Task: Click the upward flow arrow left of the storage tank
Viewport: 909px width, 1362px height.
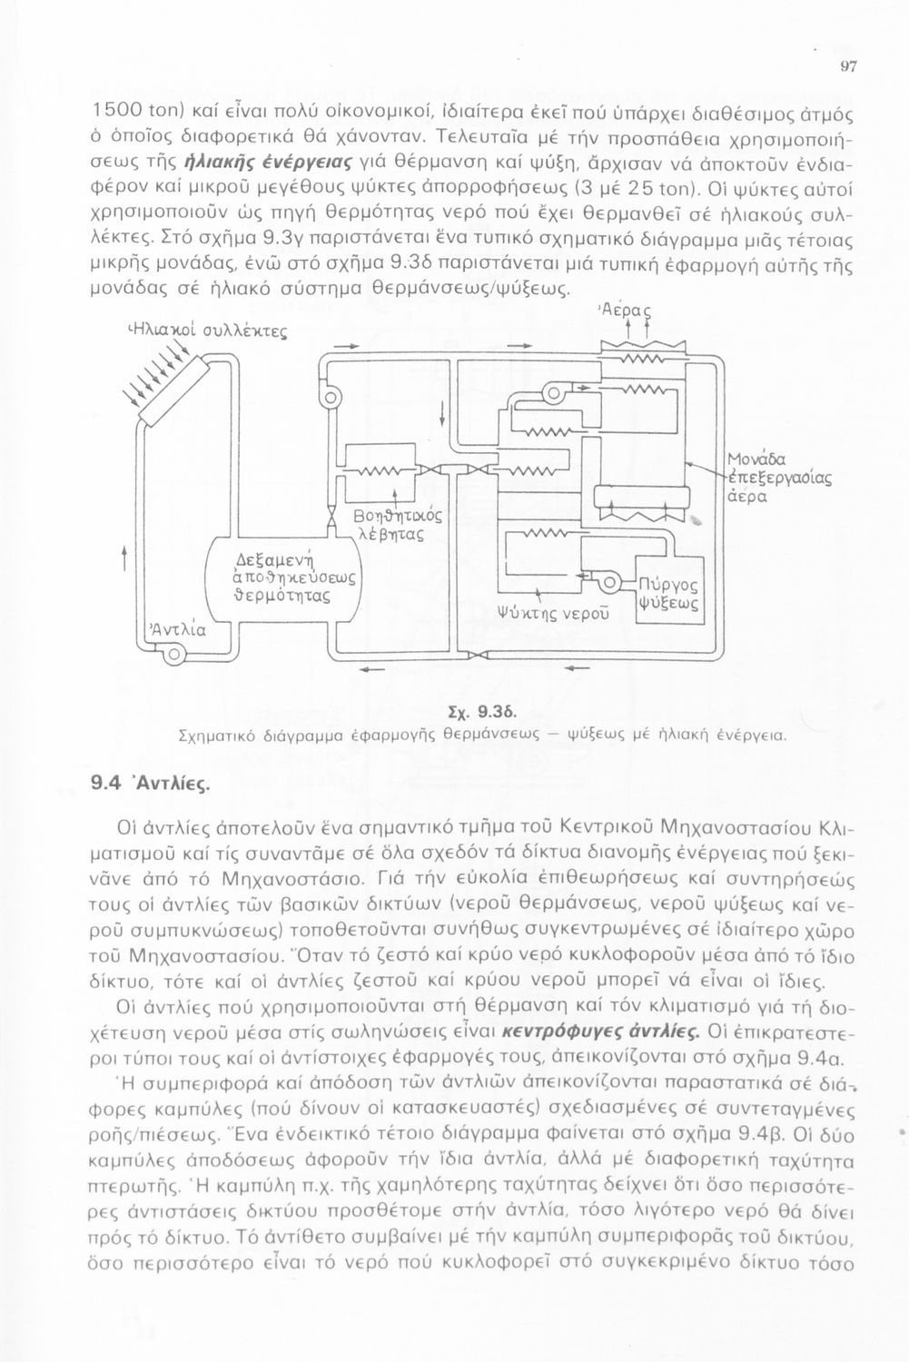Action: point(124,554)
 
